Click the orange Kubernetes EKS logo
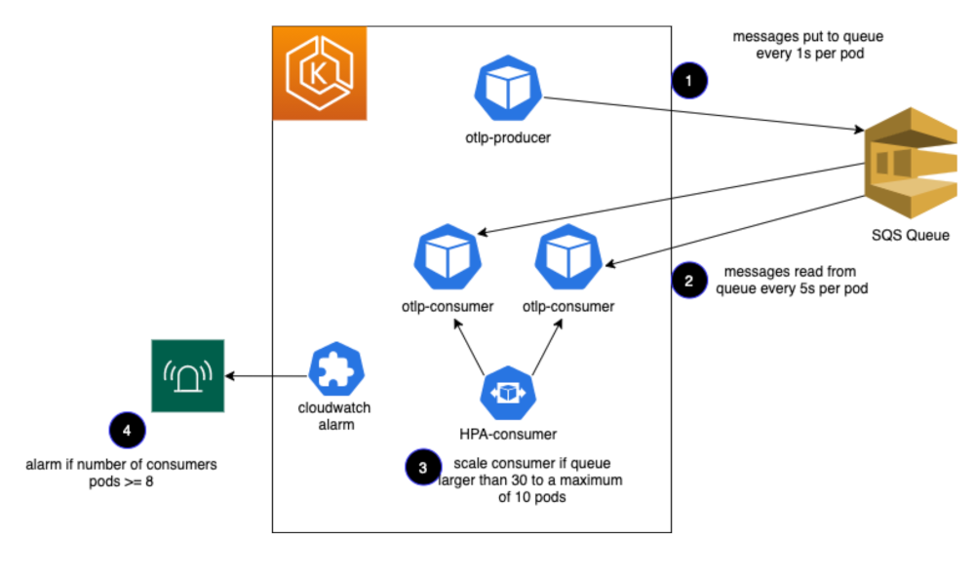[x=319, y=74]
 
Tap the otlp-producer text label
[x=507, y=137]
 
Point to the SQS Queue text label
[x=910, y=235]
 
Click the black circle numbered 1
[x=689, y=80]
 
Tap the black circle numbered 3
[x=421, y=467]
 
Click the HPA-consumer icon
[x=507, y=392]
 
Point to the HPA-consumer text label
[x=507, y=434]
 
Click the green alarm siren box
[x=188, y=375]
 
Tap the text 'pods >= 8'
[x=121, y=482]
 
